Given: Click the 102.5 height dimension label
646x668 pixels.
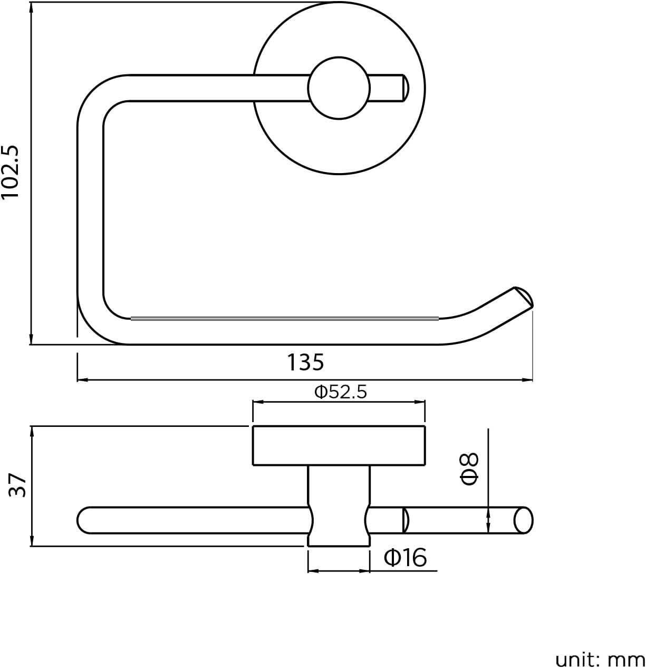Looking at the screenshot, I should (12, 173).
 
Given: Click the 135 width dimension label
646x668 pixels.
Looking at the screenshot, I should (305, 362).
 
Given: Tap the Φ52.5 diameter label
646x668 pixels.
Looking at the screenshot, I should (340, 392).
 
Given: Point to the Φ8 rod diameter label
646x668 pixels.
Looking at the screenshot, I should (469, 469).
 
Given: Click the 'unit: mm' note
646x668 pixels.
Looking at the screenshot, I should (600, 659).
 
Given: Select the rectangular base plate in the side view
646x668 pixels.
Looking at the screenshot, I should (339, 446).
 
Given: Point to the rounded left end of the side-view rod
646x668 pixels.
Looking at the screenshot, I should (84, 520).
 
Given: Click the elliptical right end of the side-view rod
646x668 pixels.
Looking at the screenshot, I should (523, 520).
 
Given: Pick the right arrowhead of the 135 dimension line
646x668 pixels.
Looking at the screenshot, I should (528, 379).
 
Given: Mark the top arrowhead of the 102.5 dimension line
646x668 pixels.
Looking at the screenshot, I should (32, 8).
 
